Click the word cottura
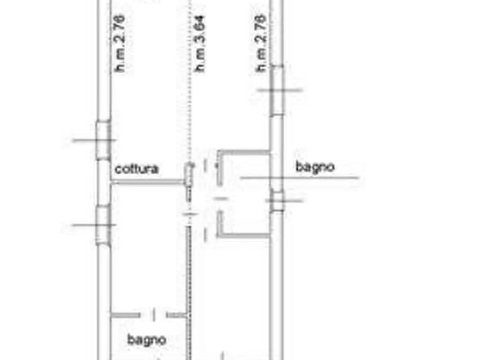pos(137,169)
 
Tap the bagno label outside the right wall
pos(315,167)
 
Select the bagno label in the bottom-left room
pos(147,340)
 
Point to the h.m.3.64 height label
pos(199,44)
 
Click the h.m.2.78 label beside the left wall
pos(119,43)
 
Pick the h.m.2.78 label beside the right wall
pos(261,43)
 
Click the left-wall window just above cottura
pos(103,140)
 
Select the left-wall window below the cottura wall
pos(103,225)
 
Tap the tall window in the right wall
pos(277,91)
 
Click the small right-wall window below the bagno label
pos(277,201)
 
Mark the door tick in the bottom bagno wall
pos(154,315)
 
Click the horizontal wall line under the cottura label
pos(148,183)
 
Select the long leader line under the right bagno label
pos(299,177)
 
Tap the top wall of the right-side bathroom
pos(243,152)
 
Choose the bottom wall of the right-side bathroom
pos(243,235)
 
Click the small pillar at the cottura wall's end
pos(189,175)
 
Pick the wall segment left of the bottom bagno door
pos(126,315)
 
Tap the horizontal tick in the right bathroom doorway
pos(221,199)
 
